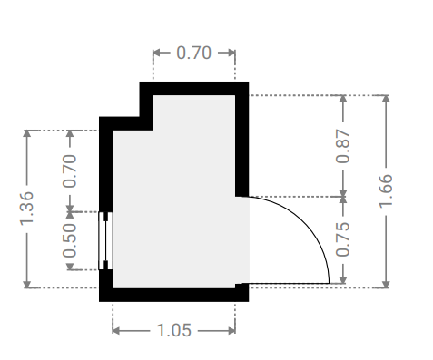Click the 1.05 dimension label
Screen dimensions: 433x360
pos(174,330)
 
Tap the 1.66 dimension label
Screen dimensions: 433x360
pos(386,191)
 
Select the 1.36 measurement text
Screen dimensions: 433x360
pos(26,209)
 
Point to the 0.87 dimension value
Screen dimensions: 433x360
pos(343,146)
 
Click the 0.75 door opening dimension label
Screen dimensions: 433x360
pos(343,239)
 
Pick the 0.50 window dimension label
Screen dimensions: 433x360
pos(70,240)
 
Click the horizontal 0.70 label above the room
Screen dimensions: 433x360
pos(193,53)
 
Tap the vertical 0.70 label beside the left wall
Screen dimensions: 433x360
pos(70,170)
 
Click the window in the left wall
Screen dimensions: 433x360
pos(106,240)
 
